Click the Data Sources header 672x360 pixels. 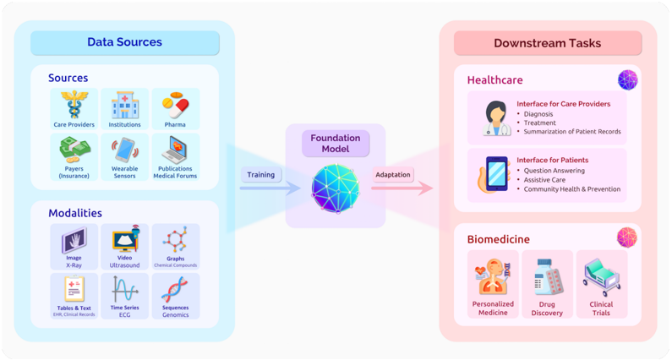coord(124,42)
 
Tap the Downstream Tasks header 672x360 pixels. coord(547,43)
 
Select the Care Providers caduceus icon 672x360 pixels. coord(74,106)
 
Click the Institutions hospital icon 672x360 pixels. coord(124,106)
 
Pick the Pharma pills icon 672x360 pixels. coord(175,106)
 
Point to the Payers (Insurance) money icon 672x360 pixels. coord(74,150)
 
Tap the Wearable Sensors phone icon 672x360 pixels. coord(124,150)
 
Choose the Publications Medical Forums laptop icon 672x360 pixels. coord(175,150)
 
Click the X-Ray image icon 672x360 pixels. coord(74,241)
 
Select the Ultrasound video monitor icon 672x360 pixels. coord(124,241)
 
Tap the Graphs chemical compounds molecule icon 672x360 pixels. coord(175,240)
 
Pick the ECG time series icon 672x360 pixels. coord(124,291)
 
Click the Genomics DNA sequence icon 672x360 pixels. coord(175,290)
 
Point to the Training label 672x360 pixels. coord(260,175)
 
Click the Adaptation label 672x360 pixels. coord(392,175)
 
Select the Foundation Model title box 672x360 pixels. coord(336,143)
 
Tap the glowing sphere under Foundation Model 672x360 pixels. coord(336,188)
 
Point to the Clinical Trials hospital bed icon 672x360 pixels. coord(601,277)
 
